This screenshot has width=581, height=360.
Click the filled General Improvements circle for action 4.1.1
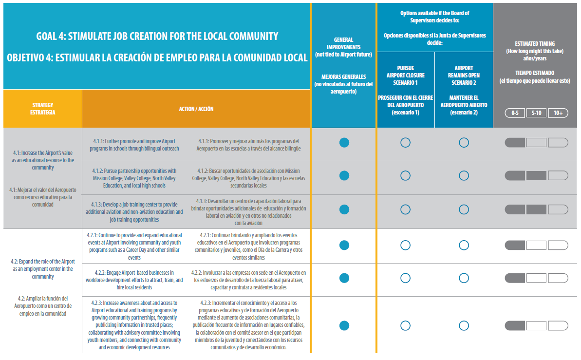point(344,142)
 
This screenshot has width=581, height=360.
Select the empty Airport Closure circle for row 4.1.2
point(405,176)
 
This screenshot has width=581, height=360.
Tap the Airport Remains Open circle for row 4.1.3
point(464,209)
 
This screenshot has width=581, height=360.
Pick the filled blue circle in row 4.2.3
point(344,325)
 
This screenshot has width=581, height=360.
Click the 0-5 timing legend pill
point(515,113)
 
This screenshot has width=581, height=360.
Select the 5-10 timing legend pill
point(536,113)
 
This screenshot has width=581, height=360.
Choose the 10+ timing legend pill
point(558,113)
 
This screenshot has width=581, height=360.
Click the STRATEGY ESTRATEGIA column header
point(43,109)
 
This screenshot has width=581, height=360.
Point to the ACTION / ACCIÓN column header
point(196,109)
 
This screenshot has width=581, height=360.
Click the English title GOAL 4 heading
point(157,37)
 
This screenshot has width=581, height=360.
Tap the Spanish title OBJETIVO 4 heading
point(157,57)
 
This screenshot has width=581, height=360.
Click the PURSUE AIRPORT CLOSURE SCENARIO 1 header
point(405,76)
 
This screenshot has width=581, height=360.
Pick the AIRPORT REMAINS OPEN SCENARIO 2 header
point(464,76)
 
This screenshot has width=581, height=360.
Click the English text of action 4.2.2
point(134,280)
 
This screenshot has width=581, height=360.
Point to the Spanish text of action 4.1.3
point(249,212)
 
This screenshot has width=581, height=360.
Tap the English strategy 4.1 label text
point(43,160)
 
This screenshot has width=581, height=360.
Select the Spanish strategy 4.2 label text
point(43,306)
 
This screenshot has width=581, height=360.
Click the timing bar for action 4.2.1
point(536,245)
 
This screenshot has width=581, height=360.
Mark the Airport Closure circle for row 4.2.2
point(405,278)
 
